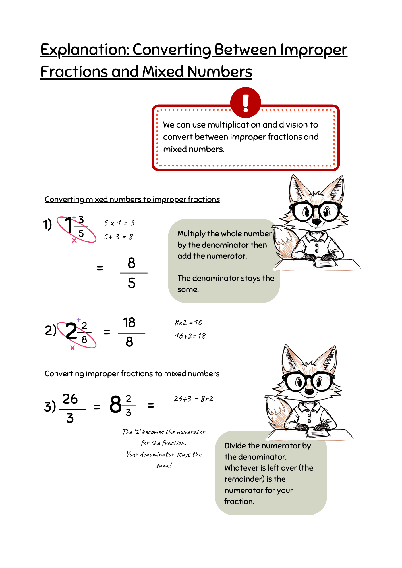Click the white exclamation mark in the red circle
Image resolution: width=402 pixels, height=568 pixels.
(x=246, y=103)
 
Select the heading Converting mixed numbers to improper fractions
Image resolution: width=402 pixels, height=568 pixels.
(x=132, y=199)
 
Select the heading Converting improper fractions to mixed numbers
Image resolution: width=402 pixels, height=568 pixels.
(x=132, y=374)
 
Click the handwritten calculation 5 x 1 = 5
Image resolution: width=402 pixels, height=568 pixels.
(x=119, y=223)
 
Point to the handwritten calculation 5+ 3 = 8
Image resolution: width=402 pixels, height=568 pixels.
(x=119, y=237)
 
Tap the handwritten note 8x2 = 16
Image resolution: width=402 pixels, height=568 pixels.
(x=188, y=323)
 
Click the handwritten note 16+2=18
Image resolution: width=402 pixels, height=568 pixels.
(x=190, y=336)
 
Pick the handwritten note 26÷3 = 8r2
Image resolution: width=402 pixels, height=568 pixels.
(x=193, y=399)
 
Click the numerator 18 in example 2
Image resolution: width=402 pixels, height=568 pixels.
(x=129, y=323)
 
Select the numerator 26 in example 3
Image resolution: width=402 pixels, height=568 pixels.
(x=70, y=399)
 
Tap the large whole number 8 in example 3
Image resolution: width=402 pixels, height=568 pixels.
(x=115, y=404)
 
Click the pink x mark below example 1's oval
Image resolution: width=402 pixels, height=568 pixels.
(x=74, y=241)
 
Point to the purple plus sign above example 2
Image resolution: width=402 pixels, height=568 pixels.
(x=79, y=320)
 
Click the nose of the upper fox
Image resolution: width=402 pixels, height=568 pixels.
(x=316, y=222)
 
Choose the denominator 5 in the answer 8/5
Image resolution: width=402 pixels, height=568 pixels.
(x=131, y=283)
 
